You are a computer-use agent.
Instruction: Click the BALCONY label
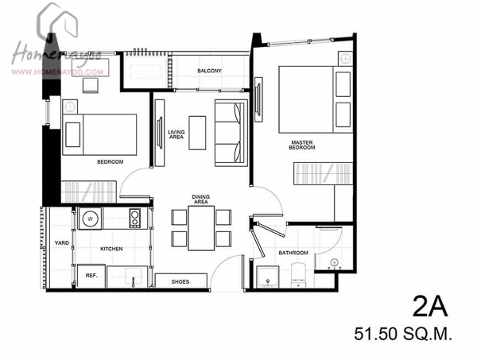[x=209, y=71]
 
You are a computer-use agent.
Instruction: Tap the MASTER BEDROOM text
[x=302, y=145]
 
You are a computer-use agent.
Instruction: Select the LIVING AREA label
[x=176, y=134]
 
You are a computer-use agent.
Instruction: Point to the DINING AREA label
[x=201, y=199]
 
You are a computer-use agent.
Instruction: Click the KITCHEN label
[x=111, y=249]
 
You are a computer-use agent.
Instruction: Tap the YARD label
[x=62, y=242]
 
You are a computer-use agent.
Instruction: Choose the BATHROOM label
[x=293, y=253]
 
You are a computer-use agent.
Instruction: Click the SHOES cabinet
[x=181, y=281]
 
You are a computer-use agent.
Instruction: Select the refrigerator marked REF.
[x=91, y=276]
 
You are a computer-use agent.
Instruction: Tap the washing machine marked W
[x=90, y=219]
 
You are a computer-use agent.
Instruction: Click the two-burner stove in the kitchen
[x=135, y=218]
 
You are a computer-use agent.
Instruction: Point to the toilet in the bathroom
[x=298, y=275]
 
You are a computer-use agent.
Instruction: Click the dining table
[x=201, y=228]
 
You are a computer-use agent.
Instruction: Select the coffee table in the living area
[x=197, y=133]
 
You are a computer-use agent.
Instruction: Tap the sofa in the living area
[x=231, y=133]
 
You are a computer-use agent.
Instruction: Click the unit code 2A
[x=430, y=307]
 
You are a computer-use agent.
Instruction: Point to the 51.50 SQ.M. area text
[x=403, y=334]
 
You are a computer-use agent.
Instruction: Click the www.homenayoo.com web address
[x=57, y=72]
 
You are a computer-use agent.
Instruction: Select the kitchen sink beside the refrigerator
[x=133, y=277]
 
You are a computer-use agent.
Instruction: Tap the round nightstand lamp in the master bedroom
[x=346, y=58]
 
